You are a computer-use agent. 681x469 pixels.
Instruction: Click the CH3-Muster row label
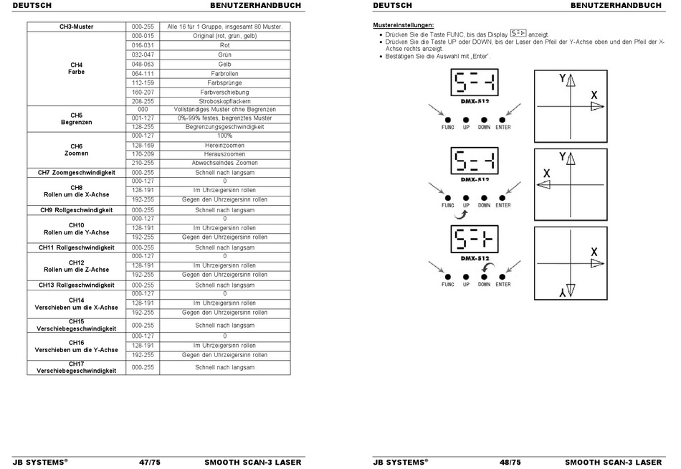click(76, 27)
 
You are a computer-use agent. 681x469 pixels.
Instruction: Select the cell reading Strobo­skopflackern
click(224, 101)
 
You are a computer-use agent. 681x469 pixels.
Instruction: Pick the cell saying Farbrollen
click(224, 73)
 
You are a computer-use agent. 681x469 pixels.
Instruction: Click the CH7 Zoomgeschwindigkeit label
click(76, 172)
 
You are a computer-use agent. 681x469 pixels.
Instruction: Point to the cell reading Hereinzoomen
click(224, 145)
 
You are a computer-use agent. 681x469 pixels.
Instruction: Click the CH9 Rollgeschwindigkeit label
click(76, 210)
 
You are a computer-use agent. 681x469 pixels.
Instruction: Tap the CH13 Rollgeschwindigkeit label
click(76, 285)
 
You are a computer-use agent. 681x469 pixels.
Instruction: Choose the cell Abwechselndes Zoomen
click(224, 163)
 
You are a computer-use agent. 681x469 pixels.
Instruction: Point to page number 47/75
click(149, 463)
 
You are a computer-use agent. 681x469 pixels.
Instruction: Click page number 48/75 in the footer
click(510, 463)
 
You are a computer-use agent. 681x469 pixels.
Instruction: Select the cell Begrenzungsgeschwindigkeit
click(224, 126)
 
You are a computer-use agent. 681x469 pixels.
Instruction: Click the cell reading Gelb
click(224, 64)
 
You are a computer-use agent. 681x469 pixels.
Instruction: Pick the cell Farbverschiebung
click(224, 92)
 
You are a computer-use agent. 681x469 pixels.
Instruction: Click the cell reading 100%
click(224, 136)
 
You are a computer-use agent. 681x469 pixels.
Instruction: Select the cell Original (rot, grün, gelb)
click(224, 36)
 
